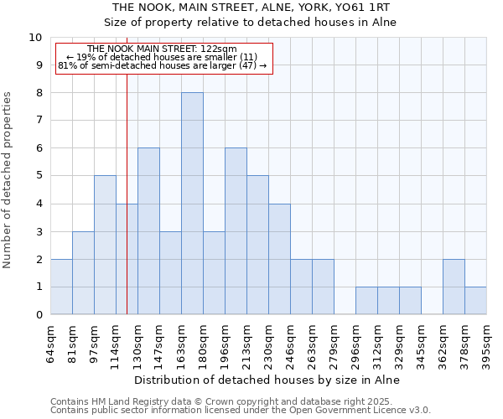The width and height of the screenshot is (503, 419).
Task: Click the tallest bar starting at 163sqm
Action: tap(192, 204)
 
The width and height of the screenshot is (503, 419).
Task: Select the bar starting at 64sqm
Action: tap(61, 287)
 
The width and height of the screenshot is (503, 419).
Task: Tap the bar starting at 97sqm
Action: tap(105, 245)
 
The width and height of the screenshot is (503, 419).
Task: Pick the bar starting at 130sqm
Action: tap(148, 231)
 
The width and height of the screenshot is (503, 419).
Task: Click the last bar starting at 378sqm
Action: tap(475, 301)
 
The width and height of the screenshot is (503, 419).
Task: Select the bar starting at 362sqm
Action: tap(454, 287)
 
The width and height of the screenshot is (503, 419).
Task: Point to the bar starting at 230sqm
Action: tap(279, 259)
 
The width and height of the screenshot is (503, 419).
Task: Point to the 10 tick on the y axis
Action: tap(35, 38)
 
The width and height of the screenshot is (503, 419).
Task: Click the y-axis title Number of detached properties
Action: tap(8, 181)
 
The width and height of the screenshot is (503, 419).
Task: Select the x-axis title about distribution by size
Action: tap(267, 380)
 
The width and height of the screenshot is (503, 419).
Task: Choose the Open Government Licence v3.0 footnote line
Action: tap(241, 411)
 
